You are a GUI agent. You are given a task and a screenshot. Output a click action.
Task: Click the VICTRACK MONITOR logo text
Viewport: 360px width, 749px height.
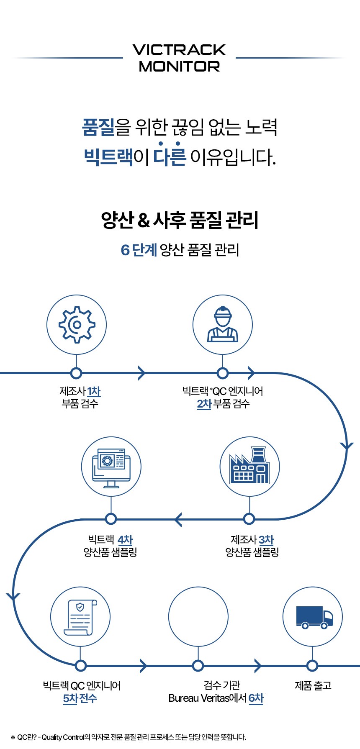click(179, 58)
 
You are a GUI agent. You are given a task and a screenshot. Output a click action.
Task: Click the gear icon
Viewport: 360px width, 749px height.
click(77, 325)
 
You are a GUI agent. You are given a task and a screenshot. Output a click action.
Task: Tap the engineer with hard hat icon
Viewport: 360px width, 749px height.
click(223, 324)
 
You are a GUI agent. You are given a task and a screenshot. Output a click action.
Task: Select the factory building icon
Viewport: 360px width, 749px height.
click(249, 467)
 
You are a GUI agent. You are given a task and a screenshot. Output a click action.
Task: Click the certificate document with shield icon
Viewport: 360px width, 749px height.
click(80, 617)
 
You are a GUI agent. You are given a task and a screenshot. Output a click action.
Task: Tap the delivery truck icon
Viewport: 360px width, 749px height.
click(313, 617)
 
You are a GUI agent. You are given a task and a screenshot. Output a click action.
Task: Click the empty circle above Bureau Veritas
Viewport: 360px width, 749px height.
click(198, 617)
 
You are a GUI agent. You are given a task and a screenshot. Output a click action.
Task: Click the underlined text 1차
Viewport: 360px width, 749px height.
click(94, 391)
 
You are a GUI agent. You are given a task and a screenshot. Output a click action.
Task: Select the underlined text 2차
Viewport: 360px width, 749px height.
click(204, 404)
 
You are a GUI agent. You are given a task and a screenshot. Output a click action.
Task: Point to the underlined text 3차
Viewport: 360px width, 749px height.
click(266, 540)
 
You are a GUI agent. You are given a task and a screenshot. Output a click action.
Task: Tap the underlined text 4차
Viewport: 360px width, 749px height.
click(125, 540)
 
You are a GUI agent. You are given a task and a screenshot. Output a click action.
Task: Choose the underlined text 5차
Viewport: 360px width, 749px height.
click(70, 698)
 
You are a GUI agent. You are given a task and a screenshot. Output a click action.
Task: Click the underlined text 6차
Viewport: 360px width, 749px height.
click(256, 698)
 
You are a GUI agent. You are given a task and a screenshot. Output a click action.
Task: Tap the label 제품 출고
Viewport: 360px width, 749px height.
click(313, 685)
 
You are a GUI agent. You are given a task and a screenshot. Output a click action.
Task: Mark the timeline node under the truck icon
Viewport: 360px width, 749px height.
click(312, 665)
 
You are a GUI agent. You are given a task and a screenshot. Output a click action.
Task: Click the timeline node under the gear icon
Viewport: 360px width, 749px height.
click(76, 373)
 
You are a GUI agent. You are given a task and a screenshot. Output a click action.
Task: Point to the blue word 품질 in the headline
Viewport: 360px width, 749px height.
click(98, 127)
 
